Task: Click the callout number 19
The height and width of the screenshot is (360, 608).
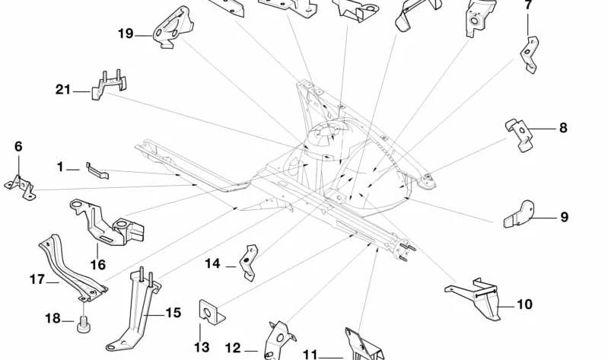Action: pos(126,33)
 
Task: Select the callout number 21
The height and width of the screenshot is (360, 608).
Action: pos(62,90)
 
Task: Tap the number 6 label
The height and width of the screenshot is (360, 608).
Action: pos(18,146)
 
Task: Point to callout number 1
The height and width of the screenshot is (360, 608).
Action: pos(60,166)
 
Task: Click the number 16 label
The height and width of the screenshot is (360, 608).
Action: pos(98,265)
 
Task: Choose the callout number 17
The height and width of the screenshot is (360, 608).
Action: pos(37,279)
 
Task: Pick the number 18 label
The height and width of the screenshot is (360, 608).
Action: pos(53,318)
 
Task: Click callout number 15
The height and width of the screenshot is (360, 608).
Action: pos(173,312)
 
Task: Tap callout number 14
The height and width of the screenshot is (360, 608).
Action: pos(212,263)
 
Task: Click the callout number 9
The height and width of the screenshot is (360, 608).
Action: pos(565,217)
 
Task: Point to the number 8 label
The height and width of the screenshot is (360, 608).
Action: pos(563,128)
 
